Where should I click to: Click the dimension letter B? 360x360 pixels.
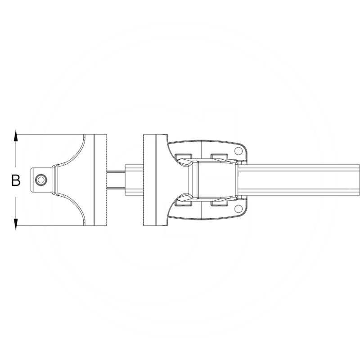point(16,181)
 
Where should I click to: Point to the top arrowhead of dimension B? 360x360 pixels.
point(16,134)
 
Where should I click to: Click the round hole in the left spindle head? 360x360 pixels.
point(41,180)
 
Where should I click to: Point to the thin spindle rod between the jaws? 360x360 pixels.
point(116,180)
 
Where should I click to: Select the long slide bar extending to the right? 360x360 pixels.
point(306,180)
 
